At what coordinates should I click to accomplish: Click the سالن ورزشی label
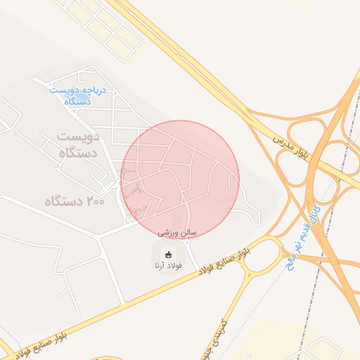177,231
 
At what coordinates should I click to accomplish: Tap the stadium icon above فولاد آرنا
167,254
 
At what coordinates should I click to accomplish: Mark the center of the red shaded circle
180,180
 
